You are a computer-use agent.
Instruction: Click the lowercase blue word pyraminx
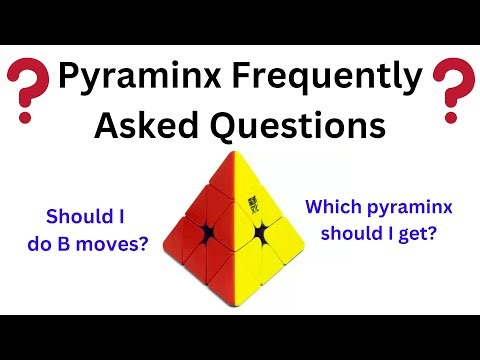point(408,208)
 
